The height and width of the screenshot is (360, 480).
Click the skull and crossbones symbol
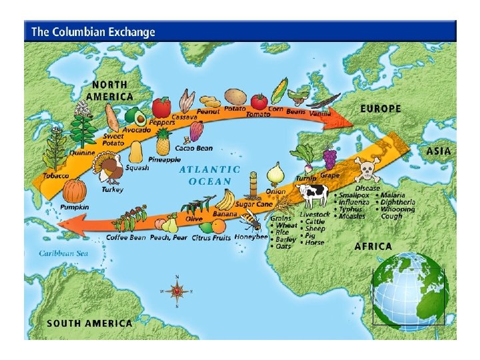(x=367, y=170)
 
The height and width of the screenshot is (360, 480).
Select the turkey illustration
(x=110, y=169)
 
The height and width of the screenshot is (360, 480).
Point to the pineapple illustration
(x=163, y=142)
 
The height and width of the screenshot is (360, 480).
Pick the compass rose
(x=177, y=291)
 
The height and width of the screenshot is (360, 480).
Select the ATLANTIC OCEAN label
(x=210, y=175)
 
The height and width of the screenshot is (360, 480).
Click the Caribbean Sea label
(x=63, y=253)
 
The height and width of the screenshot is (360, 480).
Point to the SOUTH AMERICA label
(x=89, y=323)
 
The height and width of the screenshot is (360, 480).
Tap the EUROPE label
(x=381, y=108)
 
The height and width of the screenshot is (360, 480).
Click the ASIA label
(x=438, y=151)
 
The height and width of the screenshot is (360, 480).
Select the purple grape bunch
(x=329, y=159)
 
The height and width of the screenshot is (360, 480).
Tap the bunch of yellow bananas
(x=227, y=199)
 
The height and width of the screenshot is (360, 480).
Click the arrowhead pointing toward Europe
(x=343, y=119)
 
